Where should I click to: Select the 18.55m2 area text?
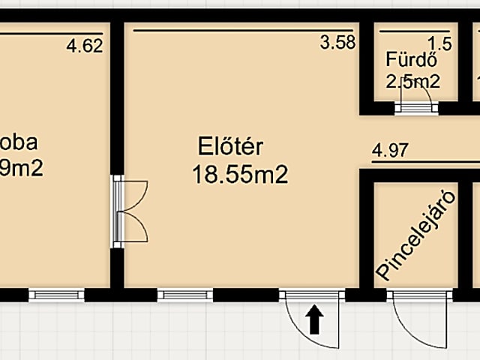click(x=240, y=175)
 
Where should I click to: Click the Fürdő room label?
click(x=407, y=59)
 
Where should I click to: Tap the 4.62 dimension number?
click(x=84, y=46)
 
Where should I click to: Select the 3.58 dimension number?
click(x=337, y=43)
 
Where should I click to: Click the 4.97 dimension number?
click(x=390, y=150)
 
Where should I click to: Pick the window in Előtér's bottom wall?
click(x=185, y=295)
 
